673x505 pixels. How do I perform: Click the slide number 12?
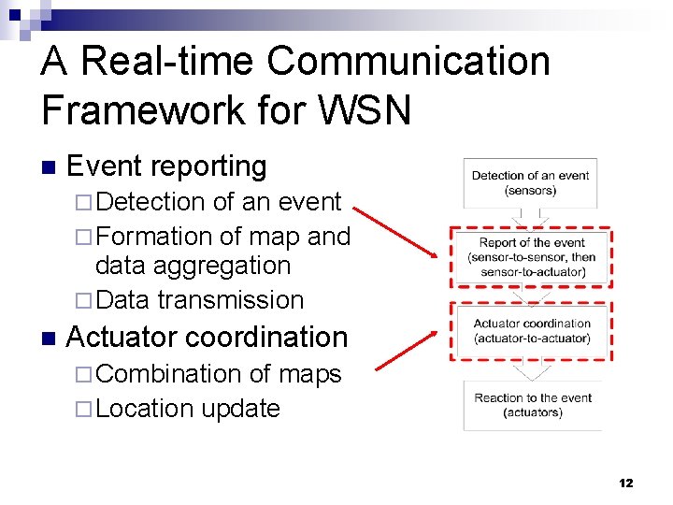pyautogui.click(x=625, y=483)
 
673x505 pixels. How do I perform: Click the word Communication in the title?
pyautogui.click(x=408, y=62)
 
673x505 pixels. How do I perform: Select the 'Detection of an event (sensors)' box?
pyautogui.click(x=530, y=182)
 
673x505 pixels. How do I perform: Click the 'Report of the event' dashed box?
pyautogui.click(x=531, y=257)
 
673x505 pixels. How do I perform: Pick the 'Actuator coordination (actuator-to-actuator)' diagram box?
pyautogui.click(x=531, y=330)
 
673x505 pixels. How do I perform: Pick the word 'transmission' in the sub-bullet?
pyautogui.click(x=231, y=300)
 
